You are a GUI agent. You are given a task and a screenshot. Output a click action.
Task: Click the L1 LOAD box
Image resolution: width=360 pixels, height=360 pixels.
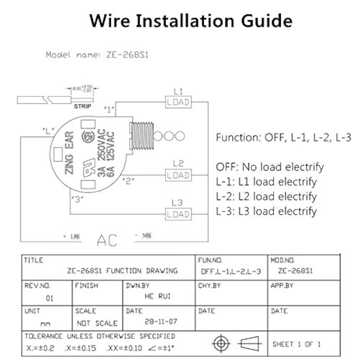tap(178, 102)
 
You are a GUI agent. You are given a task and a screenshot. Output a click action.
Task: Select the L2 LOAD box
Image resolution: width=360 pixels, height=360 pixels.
tap(178, 175)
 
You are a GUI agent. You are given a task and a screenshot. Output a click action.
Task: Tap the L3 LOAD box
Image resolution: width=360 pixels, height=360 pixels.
tap(178, 215)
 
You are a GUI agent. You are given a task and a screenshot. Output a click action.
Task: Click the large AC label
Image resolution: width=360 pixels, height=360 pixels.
tap(107, 241)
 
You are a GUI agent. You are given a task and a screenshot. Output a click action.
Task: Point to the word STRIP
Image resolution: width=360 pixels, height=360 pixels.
tap(82, 106)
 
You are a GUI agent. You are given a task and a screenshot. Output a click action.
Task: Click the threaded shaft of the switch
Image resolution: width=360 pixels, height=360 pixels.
tap(141, 136)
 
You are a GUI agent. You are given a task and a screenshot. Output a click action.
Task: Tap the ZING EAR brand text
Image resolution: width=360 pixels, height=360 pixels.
tap(69, 152)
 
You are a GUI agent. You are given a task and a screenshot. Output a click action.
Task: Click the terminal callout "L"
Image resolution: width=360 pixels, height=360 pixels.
tap(48, 131)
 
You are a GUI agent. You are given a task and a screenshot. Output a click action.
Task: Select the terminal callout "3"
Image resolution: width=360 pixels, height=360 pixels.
tap(77, 199)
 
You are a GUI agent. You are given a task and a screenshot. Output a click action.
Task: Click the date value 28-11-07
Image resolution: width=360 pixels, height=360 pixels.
tap(161, 321)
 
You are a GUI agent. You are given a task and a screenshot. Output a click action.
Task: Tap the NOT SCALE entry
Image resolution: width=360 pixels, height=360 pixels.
tap(97, 323)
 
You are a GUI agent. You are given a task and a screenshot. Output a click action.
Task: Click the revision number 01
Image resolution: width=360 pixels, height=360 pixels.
tap(49, 298)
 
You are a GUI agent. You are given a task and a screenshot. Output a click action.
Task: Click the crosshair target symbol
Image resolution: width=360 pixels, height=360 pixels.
tap(221, 344)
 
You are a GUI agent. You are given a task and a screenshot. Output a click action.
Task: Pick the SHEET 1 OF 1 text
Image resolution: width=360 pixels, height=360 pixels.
tap(297, 344)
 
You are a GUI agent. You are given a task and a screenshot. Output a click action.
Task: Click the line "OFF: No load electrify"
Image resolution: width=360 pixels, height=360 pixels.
tap(270, 167)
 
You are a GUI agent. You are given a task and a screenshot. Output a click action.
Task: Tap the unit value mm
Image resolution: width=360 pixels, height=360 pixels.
tap(45, 324)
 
